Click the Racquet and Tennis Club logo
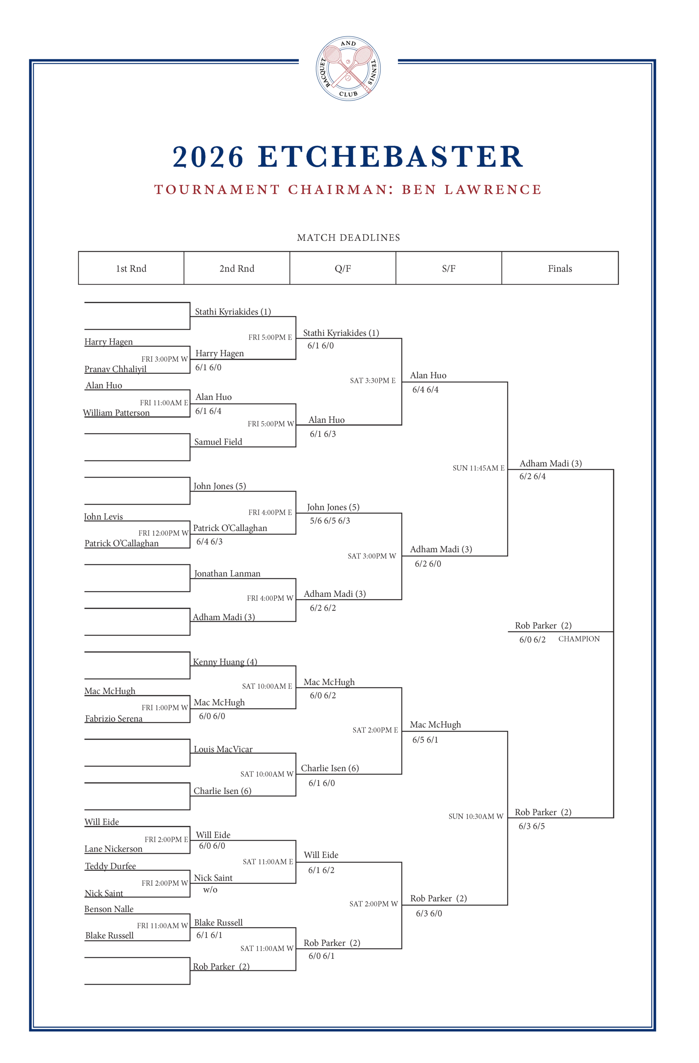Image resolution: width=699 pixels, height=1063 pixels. (348, 69)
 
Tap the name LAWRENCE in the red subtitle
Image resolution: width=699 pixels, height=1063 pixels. (493, 190)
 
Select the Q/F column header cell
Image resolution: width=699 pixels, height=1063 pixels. (342, 268)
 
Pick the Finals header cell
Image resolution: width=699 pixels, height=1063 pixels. (560, 268)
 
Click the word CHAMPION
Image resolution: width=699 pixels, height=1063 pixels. (579, 639)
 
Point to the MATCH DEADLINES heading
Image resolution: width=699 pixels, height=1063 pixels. (348, 238)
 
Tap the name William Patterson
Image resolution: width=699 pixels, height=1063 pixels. (116, 413)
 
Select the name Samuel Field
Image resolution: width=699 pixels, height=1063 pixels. (218, 442)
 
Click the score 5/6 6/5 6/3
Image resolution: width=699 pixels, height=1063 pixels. (330, 521)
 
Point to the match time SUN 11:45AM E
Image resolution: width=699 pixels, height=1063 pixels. (478, 468)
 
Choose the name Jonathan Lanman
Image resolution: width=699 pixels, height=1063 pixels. (227, 573)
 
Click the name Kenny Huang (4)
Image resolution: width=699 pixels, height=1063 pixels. (225, 662)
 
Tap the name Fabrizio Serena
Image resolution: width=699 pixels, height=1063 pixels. (114, 719)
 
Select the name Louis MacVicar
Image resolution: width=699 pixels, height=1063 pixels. (223, 749)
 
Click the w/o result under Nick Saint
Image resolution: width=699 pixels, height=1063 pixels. (210, 890)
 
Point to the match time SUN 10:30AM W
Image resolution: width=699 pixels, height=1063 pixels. (476, 816)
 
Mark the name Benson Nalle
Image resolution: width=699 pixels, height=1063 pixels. (109, 909)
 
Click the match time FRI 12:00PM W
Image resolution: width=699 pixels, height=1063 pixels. (164, 533)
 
